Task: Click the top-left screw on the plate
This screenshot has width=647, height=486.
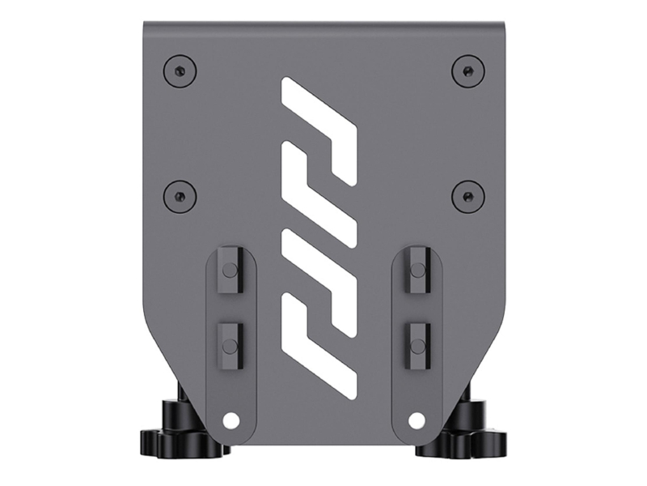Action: coord(179,70)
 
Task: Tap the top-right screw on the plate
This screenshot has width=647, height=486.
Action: coord(467,70)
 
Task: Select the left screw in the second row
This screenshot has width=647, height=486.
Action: coord(179,195)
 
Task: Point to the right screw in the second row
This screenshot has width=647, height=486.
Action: coord(467,195)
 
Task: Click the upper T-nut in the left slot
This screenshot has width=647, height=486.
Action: coord(229,271)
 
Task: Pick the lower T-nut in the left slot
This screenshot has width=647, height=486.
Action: coord(229,344)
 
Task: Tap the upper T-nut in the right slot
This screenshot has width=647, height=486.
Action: coord(417,271)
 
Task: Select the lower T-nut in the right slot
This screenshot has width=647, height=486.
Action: coord(417,344)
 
